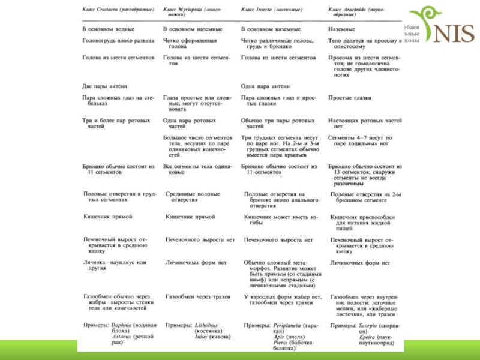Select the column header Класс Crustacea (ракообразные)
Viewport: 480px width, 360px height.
(118, 10)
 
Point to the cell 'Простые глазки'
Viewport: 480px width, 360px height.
(350, 97)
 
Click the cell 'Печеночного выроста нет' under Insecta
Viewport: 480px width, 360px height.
(278, 239)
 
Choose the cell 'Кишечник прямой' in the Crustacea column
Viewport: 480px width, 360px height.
(108, 216)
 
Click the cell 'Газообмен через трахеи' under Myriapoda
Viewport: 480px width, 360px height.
(198, 296)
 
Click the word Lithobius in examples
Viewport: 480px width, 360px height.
(205, 325)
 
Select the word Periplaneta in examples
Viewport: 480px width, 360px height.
(286, 325)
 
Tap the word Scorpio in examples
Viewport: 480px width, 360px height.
(369, 325)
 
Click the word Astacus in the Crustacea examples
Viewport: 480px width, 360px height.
(121, 337)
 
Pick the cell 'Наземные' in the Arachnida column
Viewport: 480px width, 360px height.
(341, 29)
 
